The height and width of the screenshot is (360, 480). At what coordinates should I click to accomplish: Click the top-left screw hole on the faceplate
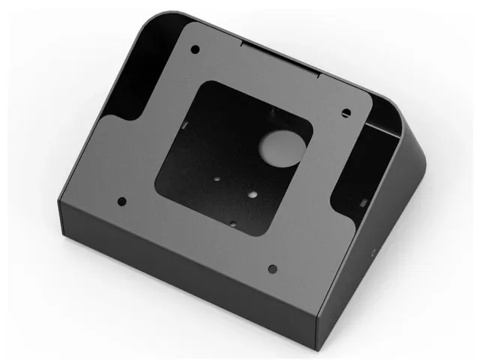tap(195, 49)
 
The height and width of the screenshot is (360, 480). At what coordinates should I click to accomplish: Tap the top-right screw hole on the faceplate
tap(346, 112)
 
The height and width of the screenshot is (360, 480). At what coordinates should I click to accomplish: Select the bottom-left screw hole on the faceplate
tap(122, 201)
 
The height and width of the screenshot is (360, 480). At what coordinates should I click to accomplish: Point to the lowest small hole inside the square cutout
tap(234, 223)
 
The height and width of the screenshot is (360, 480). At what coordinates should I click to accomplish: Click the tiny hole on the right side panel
tap(369, 253)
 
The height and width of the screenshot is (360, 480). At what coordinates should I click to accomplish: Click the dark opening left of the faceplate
tap(139, 75)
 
